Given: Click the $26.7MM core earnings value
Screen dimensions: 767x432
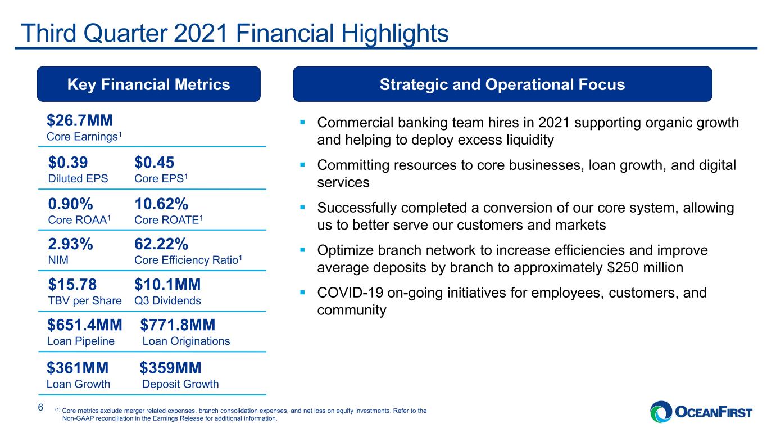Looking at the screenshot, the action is (x=80, y=120).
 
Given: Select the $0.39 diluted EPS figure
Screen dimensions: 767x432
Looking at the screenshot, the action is (x=68, y=162).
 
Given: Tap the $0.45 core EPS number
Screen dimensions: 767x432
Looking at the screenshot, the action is (x=154, y=162).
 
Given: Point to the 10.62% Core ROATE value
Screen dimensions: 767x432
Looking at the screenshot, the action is (x=161, y=204).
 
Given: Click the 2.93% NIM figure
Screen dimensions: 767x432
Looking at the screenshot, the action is (x=71, y=244).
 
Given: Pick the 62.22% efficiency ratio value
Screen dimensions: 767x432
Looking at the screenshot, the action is (x=161, y=244).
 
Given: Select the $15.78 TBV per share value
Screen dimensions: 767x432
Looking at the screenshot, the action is (x=72, y=284).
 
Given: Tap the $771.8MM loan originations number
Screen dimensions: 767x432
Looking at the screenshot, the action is (x=178, y=325).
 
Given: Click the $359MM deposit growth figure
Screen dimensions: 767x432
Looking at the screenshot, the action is (x=170, y=368).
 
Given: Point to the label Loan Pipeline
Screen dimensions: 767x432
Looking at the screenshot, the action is (x=81, y=341).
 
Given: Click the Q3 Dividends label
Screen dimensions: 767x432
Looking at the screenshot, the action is (x=167, y=301).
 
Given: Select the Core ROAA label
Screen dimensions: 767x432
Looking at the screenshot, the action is (x=79, y=220).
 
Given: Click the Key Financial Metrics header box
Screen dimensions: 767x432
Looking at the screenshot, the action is (x=148, y=84).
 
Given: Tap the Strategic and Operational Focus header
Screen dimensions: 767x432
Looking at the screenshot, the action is (x=502, y=84).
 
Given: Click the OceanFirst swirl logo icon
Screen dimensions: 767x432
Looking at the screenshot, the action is (x=661, y=412).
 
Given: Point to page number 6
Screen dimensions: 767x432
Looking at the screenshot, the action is (x=40, y=407).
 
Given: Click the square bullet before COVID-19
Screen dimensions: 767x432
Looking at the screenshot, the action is (x=302, y=292).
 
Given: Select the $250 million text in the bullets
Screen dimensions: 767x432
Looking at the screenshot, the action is (x=645, y=267).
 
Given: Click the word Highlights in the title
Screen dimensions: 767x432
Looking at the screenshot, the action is (x=394, y=34).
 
